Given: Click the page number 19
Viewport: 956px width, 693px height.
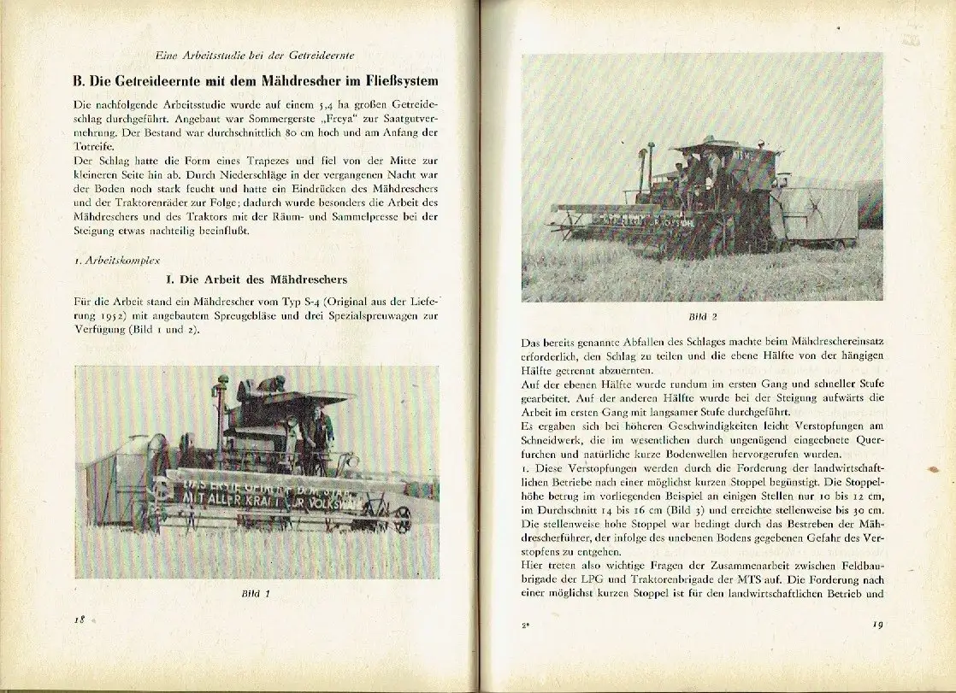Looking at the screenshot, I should point(877,624).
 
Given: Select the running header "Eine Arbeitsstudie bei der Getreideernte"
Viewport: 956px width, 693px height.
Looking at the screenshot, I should point(257,56).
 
